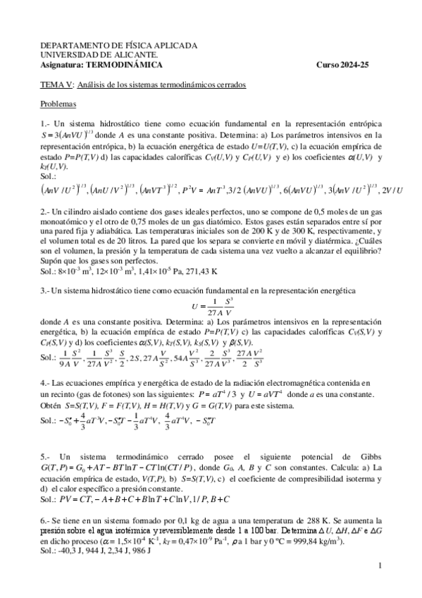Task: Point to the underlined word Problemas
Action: point(58,104)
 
